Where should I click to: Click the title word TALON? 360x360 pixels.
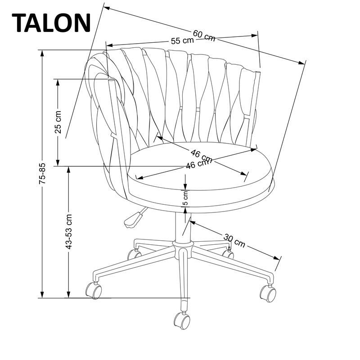51,22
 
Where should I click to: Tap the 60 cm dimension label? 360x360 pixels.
204,35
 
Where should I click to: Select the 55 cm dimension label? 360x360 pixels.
182,40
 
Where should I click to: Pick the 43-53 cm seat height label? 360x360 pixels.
68,232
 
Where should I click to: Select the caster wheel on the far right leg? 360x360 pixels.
268,293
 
